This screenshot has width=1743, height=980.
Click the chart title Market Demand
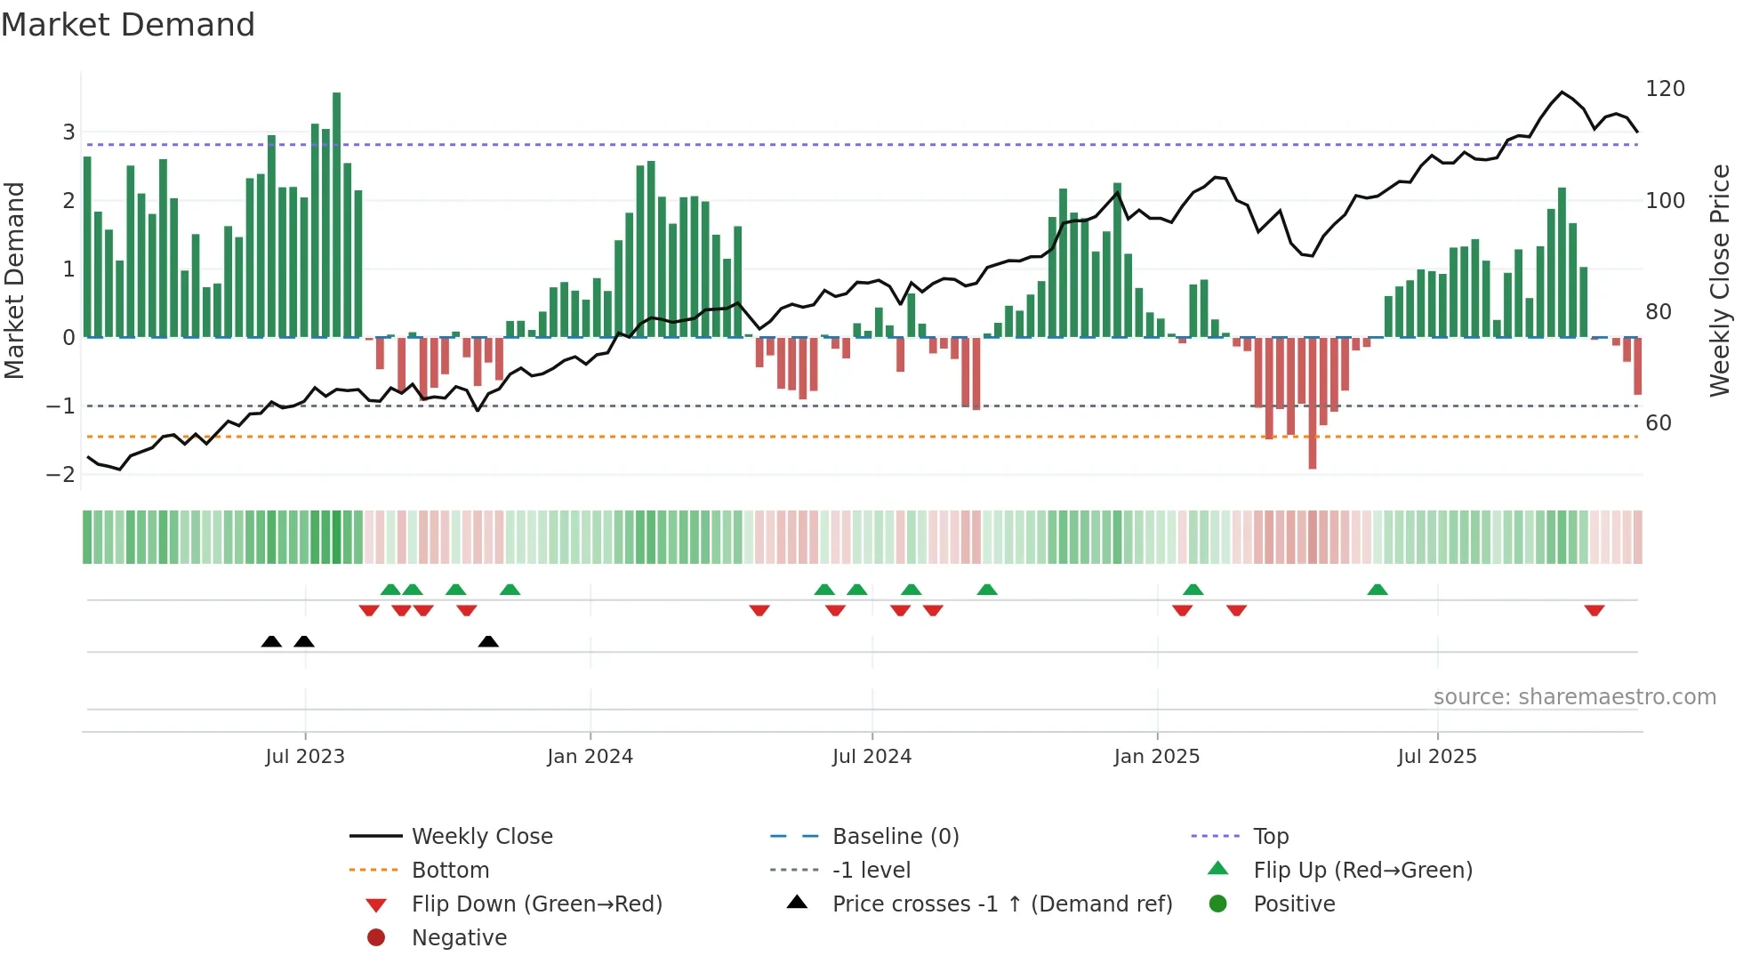[x=128, y=25]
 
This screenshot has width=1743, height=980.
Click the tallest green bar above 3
[x=336, y=213]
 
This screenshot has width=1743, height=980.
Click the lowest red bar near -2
[x=1312, y=405]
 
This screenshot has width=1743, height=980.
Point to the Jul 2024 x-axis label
[x=871, y=757]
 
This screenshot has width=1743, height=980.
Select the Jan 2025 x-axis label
[x=1156, y=757]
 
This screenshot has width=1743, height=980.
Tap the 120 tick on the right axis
[x=1665, y=89]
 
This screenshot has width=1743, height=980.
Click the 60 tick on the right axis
[x=1658, y=423]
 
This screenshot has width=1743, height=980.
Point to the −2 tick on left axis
[x=60, y=475]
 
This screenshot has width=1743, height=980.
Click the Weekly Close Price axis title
[x=1720, y=280]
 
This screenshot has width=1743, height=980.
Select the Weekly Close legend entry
[x=481, y=837]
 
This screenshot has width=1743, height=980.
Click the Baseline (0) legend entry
[x=895, y=837]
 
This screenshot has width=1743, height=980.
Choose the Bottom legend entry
[x=450, y=871]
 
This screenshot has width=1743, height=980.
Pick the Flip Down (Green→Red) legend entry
[x=536, y=904]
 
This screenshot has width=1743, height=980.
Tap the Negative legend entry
[x=459, y=938]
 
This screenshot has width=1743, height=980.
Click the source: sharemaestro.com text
[x=1574, y=697]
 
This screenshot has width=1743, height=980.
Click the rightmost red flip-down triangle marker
[x=1594, y=610]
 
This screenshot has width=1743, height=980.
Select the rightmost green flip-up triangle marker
[x=1377, y=590]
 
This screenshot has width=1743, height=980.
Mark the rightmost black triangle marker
[x=488, y=641]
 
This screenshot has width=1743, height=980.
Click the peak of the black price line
[x=1562, y=92]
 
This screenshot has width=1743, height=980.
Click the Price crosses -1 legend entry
[x=1001, y=904]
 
